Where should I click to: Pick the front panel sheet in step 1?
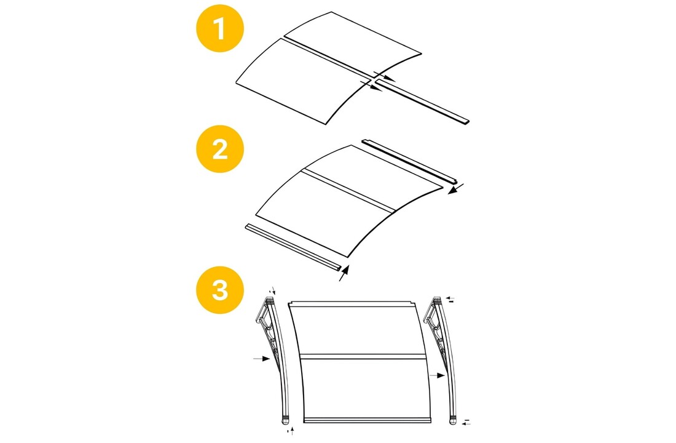295,80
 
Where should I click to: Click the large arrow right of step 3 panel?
438,374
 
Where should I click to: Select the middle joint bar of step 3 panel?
363,356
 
